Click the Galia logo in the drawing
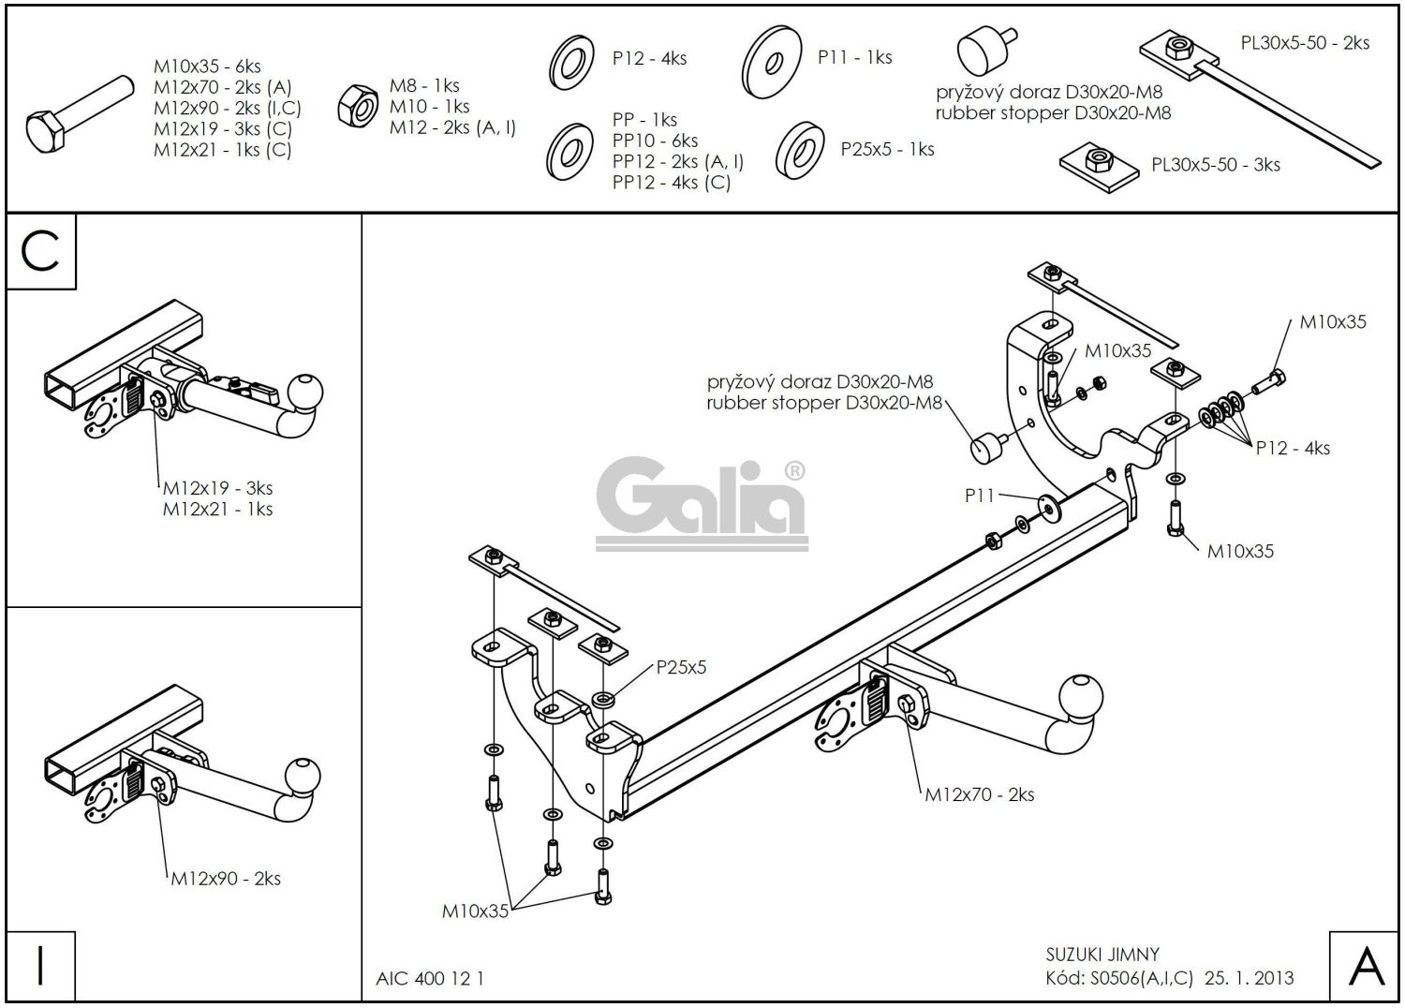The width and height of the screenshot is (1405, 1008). (x=702, y=506)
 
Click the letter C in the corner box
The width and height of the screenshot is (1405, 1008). (x=40, y=251)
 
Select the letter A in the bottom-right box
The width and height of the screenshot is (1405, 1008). (x=1366, y=966)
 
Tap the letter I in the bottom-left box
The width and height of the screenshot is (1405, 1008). (x=40, y=966)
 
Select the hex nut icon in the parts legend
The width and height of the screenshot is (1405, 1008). (x=356, y=104)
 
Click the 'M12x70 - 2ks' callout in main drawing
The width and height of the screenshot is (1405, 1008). (x=979, y=794)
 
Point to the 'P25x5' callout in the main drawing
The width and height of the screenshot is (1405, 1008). (x=681, y=667)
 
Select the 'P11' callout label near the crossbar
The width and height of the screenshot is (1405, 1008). (x=979, y=496)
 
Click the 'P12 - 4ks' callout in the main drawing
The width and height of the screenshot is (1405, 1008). (x=1293, y=448)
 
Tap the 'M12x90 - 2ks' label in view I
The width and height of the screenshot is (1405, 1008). (x=225, y=879)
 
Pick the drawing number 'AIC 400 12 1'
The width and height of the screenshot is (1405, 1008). (x=430, y=979)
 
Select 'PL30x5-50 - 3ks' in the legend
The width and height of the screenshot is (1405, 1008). (x=1215, y=165)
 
